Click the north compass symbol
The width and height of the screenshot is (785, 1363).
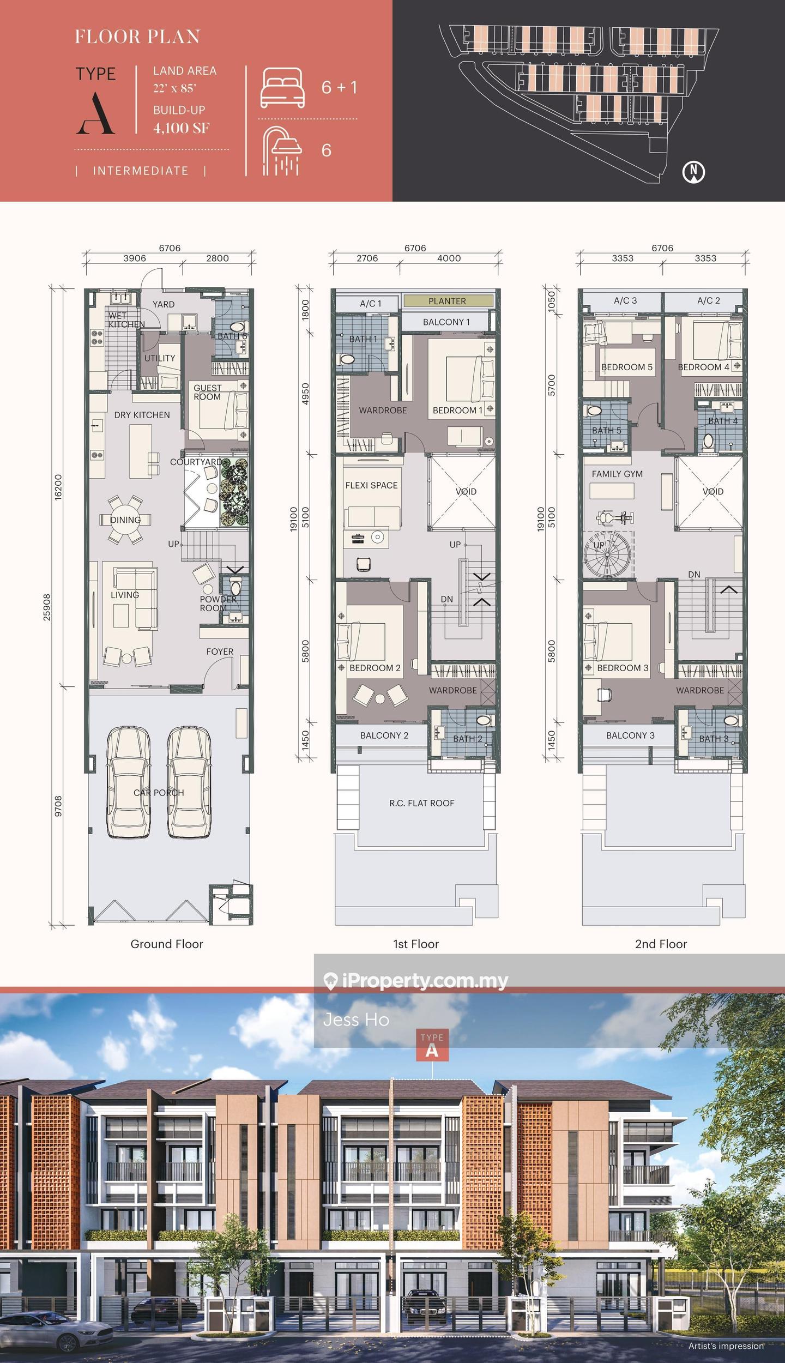(x=693, y=172)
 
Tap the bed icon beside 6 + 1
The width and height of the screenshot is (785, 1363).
(x=282, y=87)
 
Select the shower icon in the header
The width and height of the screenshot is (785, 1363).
(x=281, y=151)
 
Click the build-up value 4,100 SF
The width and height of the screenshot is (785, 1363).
(x=181, y=128)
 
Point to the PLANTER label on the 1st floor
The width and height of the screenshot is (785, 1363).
(x=447, y=301)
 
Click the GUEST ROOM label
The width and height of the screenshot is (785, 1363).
(x=207, y=392)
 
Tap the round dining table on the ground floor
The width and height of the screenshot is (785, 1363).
(x=125, y=520)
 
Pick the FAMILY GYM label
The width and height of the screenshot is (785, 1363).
(x=617, y=474)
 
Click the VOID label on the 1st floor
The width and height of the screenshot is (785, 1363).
(x=466, y=491)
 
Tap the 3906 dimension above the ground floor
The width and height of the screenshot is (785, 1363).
(x=134, y=258)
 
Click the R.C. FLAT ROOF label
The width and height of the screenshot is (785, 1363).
(x=421, y=803)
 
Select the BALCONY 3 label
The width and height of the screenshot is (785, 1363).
(x=630, y=735)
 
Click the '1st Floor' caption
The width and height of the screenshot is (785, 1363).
(x=416, y=944)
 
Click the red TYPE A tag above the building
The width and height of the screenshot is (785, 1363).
(x=432, y=1045)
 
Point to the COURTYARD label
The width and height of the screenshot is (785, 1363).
(x=196, y=462)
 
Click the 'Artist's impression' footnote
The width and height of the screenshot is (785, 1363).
(x=726, y=1346)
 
